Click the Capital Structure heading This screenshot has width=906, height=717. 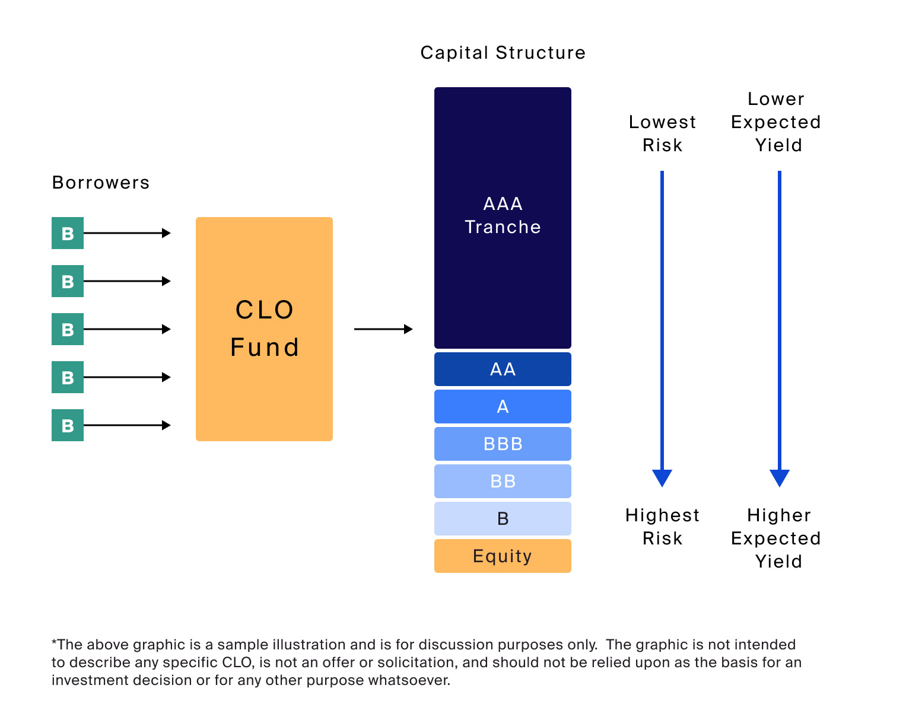pos(503,53)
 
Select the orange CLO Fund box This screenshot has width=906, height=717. pos(264,329)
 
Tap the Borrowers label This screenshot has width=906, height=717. pos(101,183)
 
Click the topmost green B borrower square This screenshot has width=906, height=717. pos(68,233)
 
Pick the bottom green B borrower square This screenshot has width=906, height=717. pos(68,425)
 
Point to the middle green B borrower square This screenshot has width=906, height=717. pos(68,329)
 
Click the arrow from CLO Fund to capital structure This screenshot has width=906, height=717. pos(383,329)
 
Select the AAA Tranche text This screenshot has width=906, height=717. pos(503,215)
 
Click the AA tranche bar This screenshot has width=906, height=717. pos(503,369)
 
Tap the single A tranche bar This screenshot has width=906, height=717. pos(503,407)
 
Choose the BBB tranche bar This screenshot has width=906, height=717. pos(503,444)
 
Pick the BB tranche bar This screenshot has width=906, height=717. pos(503,482)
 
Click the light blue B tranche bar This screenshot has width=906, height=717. pos(503,519)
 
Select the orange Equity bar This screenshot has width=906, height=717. pos(503,556)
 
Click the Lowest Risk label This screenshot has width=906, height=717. pos(662,133)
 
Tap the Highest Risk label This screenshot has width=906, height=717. pos(662,527)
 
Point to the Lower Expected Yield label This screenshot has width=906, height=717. pos(776,122)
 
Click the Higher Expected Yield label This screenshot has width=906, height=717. pos(776,538)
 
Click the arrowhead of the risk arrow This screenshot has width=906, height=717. pos(662,477)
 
